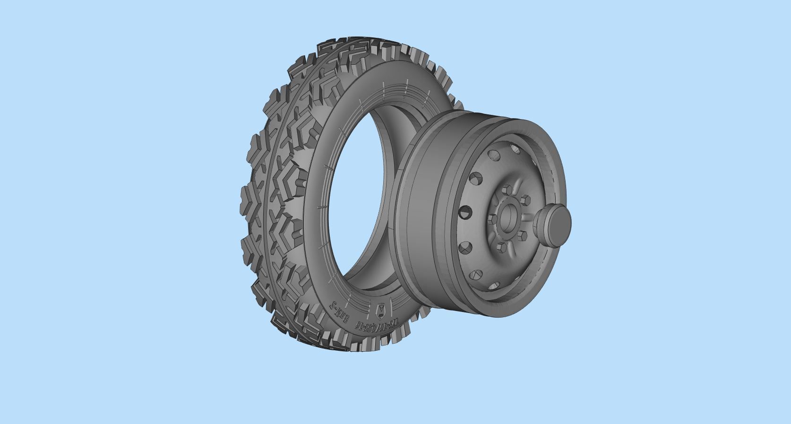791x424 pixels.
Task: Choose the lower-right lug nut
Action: [522, 234]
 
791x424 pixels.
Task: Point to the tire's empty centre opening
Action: [359, 199]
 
